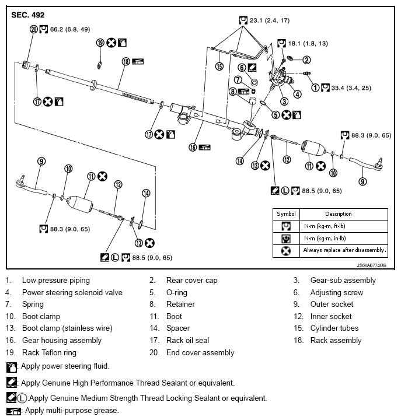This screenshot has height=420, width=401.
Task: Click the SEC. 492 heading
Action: [27, 14]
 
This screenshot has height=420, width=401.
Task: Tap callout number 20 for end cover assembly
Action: [33, 29]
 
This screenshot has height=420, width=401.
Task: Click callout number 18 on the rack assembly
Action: [125, 61]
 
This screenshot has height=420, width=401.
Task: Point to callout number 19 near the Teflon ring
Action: [100, 43]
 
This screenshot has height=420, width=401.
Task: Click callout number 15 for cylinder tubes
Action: [219, 66]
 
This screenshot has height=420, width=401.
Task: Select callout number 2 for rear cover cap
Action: [306, 59]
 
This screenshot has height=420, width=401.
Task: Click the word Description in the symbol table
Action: [338, 213]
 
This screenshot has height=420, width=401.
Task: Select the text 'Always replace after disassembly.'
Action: [344, 250]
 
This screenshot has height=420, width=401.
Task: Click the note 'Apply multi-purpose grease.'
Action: [72, 411]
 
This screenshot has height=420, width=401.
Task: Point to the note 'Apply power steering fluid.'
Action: [65, 366]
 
